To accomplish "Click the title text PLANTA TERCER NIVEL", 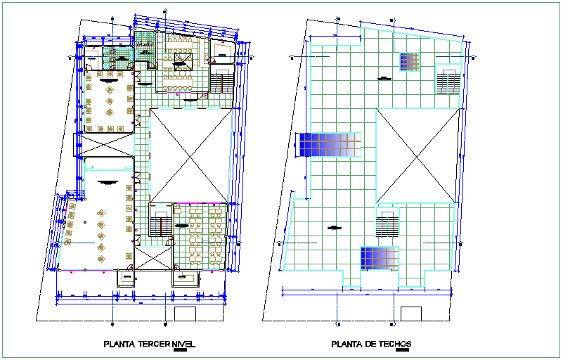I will tap(148, 345).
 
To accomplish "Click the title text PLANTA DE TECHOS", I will tap(370, 345).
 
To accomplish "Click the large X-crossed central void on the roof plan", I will tap(418, 155).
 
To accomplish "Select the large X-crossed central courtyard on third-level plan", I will tap(190, 155).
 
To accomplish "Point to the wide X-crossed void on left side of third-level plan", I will tap(105, 146).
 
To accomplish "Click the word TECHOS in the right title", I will tap(393, 345).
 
